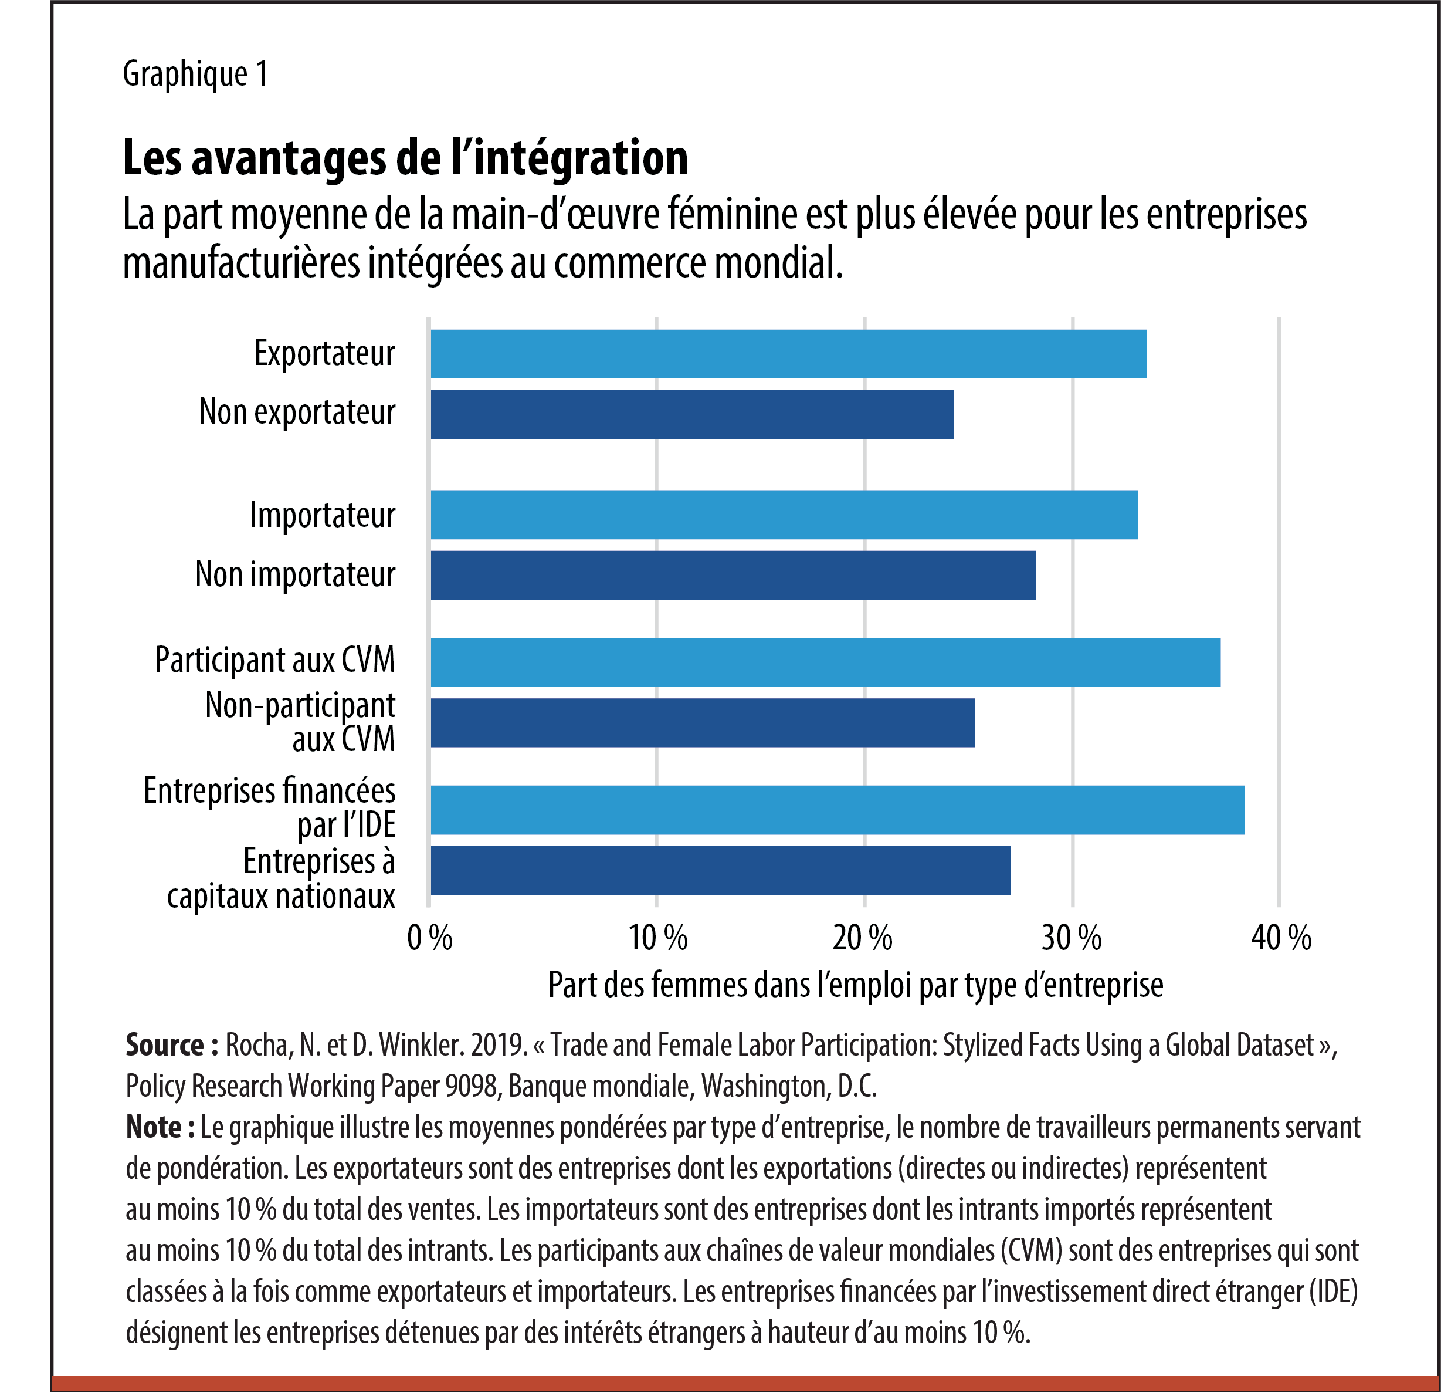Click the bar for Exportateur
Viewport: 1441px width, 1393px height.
pyautogui.click(x=788, y=354)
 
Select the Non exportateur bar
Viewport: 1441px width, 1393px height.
pyautogui.click(x=692, y=414)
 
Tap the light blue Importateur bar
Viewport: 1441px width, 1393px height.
pyautogui.click(x=784, y=515)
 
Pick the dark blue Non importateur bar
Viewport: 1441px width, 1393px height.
pyautogui.click(x=733, y=575)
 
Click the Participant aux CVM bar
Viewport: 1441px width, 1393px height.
pyautogui.click(x=825, y=662)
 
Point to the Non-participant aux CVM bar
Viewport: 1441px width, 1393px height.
pyautogui.click(x=702, y=722)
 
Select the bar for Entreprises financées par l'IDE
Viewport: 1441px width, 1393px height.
pyautogui.click(x=838, y=810)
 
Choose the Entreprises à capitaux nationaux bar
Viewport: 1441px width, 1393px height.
pyautogui.click(x=720, y=870)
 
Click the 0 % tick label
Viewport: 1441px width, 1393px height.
pyautogui.click(x=430, y=938)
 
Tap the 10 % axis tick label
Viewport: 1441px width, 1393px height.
pyautogui.click(x=657, y=938)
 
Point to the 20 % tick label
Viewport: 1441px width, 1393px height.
pyautogui.click(x=862, y=938)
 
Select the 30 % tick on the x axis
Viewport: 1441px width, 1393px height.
pyautogui.click(x=1071, y=938)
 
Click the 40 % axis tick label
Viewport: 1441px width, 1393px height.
pyautogui.click(x=1281, y=938)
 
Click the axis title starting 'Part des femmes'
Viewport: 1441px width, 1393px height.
pyautogui.click(x=855, y=985)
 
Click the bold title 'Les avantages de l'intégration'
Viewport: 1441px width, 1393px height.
pyautogui.click(x=405, y=157)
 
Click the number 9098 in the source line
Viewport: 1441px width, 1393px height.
pyautogui.click(x=472, y=1086)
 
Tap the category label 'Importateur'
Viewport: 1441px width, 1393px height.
pyautogui.click(x=322, y=515)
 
